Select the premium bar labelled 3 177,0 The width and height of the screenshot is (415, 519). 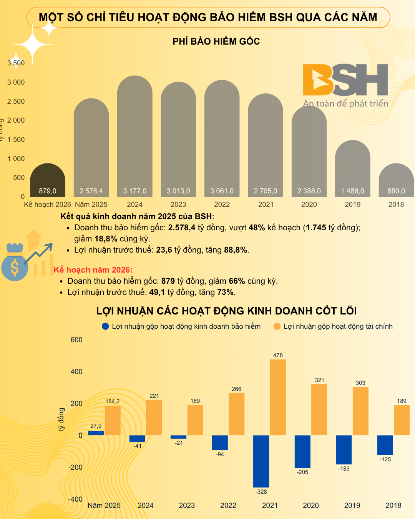pyautogui.click(x=135, y=135)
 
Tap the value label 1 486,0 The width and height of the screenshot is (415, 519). pyautogui.click(x=353, y=191)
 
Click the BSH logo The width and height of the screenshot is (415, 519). pyautogui.click(x=345, y=81)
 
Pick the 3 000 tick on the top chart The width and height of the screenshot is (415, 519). pyautogui.click(x=16, y=82)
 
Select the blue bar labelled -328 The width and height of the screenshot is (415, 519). pyautogui.click(x=261, y=461)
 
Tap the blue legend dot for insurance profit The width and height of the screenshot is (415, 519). pyautogui.click(x=105, y=326)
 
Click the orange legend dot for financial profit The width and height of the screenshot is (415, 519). pyautogui.click(x=277, y=326)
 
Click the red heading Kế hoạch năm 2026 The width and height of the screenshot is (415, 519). pyautogui.click(x=93, y=270)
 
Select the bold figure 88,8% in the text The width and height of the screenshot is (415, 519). pyautogui.click(x=236, y=250)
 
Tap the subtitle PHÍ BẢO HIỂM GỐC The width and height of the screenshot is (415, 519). pyautogui.click(x=216, y=42)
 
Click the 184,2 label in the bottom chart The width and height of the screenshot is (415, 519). pyautogui.click(x=113, y=401)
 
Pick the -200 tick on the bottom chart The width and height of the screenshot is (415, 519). pyautogui.click(x=75, y=467)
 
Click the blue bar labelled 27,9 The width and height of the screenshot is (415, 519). pyautogui.click(x=96, y=433)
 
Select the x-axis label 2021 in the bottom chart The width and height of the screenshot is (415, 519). pyautogui.click(x=270, y=506)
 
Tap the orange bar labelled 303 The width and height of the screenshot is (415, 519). pyautogui.click(x=360, y=411)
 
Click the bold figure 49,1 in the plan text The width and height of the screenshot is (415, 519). pyautogui.click(x=157, y=292)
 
